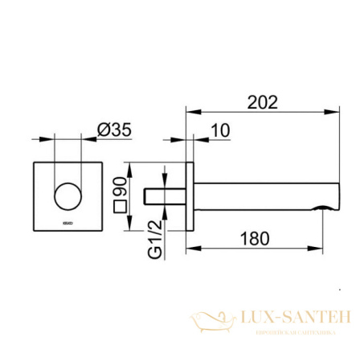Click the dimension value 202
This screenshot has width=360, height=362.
pyautogui.click(x=261, y=102)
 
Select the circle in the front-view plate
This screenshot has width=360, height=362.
pyautogui.click(x=68, y=196)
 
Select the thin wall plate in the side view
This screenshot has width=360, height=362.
pyautogui.click(x=190, y=198)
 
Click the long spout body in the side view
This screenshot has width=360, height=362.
pyautogui.click(x=257, y=198)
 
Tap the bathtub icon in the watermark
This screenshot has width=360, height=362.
pyautogui.click(x=212, y=321)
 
